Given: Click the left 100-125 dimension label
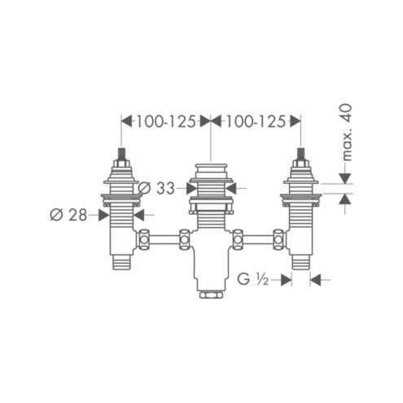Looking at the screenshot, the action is pos(165,121).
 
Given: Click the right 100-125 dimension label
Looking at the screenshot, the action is pos(256,121).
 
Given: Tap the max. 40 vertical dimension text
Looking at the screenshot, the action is pos(347,132).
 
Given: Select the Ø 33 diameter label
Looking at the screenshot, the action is pos(156,188).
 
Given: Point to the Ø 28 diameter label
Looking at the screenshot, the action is pos(68,215).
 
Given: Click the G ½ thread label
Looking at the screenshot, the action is pos(252,279).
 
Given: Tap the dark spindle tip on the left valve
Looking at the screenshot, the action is pos(121,154).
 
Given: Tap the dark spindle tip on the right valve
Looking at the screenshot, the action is pos(300,154).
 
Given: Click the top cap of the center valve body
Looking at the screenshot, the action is pos(211,165).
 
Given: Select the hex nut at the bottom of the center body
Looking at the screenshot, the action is pos(211,295).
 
